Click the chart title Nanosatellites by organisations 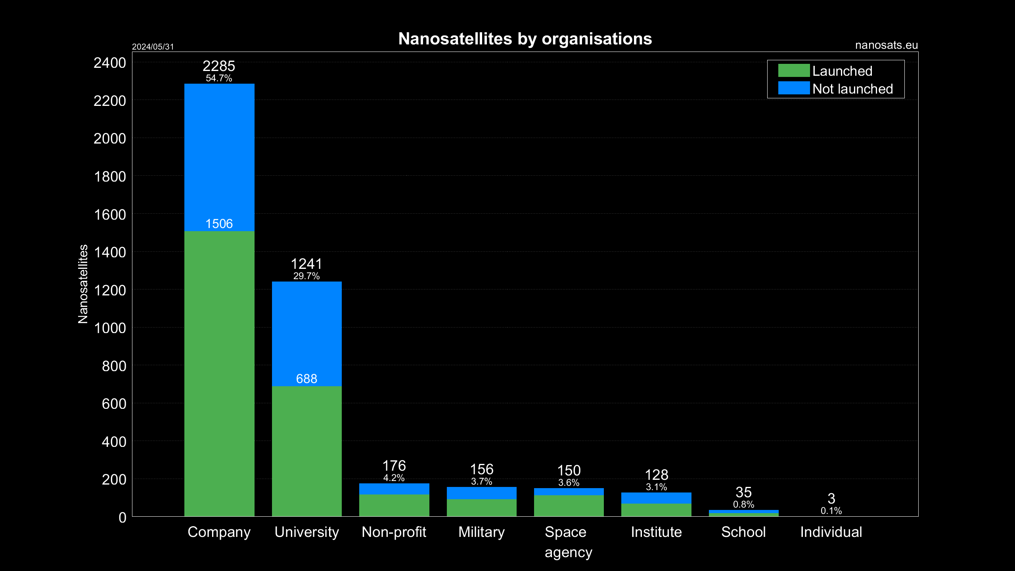(x=525, y=39)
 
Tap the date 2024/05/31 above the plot (x=153, y=47)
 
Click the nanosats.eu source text (x=886, y=45)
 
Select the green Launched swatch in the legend (x=793, y=71)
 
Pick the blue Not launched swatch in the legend (x=793, y=88)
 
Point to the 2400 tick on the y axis (x=110, y=63)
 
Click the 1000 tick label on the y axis (x=110, y=328)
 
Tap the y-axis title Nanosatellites (x=83, y=284)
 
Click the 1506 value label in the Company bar (x=219, y=224)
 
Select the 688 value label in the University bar (x=306, y=379)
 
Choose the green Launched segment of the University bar (x=306, y=452)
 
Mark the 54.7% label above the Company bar (x=219, y=78)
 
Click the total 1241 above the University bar (x=306, y=264)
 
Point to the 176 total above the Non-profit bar (x=394, y=466)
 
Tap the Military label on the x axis (x=481, y=532)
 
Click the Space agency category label (x=568, y=542)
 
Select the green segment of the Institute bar (x=656, y=510)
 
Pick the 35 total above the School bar (x=743, y=492)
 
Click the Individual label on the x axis (x=831, y=532)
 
